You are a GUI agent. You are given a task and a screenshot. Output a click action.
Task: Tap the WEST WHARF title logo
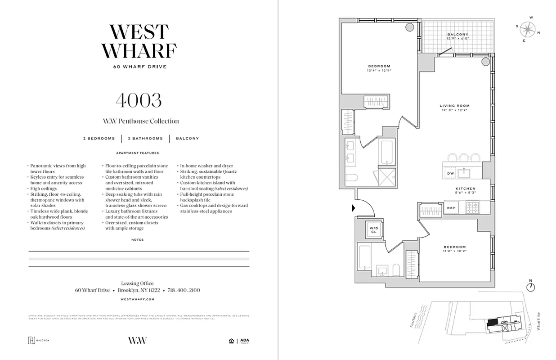pyautogui.click(x=139, y=41)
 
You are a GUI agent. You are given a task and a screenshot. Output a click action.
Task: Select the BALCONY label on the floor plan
pyautogui.click(x=457, y=35)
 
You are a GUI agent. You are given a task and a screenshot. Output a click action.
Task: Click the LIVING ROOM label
pyautogui.click(x=454, y=106)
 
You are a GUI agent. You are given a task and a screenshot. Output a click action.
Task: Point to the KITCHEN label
pyautogui.click(x=465, y=189)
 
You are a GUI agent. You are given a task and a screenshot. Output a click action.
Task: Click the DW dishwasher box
pyautogui.click(x=450, y=173)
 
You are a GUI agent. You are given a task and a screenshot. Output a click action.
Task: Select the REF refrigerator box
pyautogui.click(x=451, y=208)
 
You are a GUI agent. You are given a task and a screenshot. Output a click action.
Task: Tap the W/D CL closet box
pyautogui.click(x=374, y=229)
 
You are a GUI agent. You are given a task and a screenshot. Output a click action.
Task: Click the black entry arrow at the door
pyautogui.click(x=354, y=208)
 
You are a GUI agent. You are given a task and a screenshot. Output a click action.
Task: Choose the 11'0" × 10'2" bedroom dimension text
pyautogui.click(x=455, y=252)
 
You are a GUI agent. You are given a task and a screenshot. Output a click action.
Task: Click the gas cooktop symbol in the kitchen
pyautogui.click(x=472, y=208)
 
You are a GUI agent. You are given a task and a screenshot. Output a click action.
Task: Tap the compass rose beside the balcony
pyautogui.click(x=527, y=29)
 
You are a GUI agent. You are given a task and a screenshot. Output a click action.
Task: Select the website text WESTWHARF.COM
pyautogui.click(x=138, y=299)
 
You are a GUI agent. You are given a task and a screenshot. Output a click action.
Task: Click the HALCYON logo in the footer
pyautogui.click(x=39, y=340)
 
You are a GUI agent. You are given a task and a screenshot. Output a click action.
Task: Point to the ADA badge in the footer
pyautogui.click(x=244, y=341)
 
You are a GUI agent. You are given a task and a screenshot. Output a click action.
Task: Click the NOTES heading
pyautogui.click(x=138, y=240)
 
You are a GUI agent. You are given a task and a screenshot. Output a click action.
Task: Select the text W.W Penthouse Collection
pyautogui.click(x=140, y=121)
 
